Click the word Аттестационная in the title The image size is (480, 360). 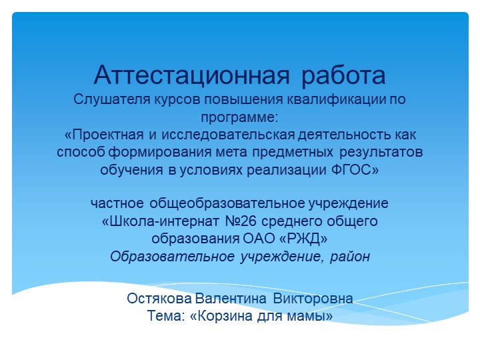[x=192, y=74]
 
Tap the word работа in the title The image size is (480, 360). [x=344, y=74]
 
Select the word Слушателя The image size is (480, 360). [x=105, y=101]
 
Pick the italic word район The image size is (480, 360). [x=348, y=255]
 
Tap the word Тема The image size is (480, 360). [x=165, y=315]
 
